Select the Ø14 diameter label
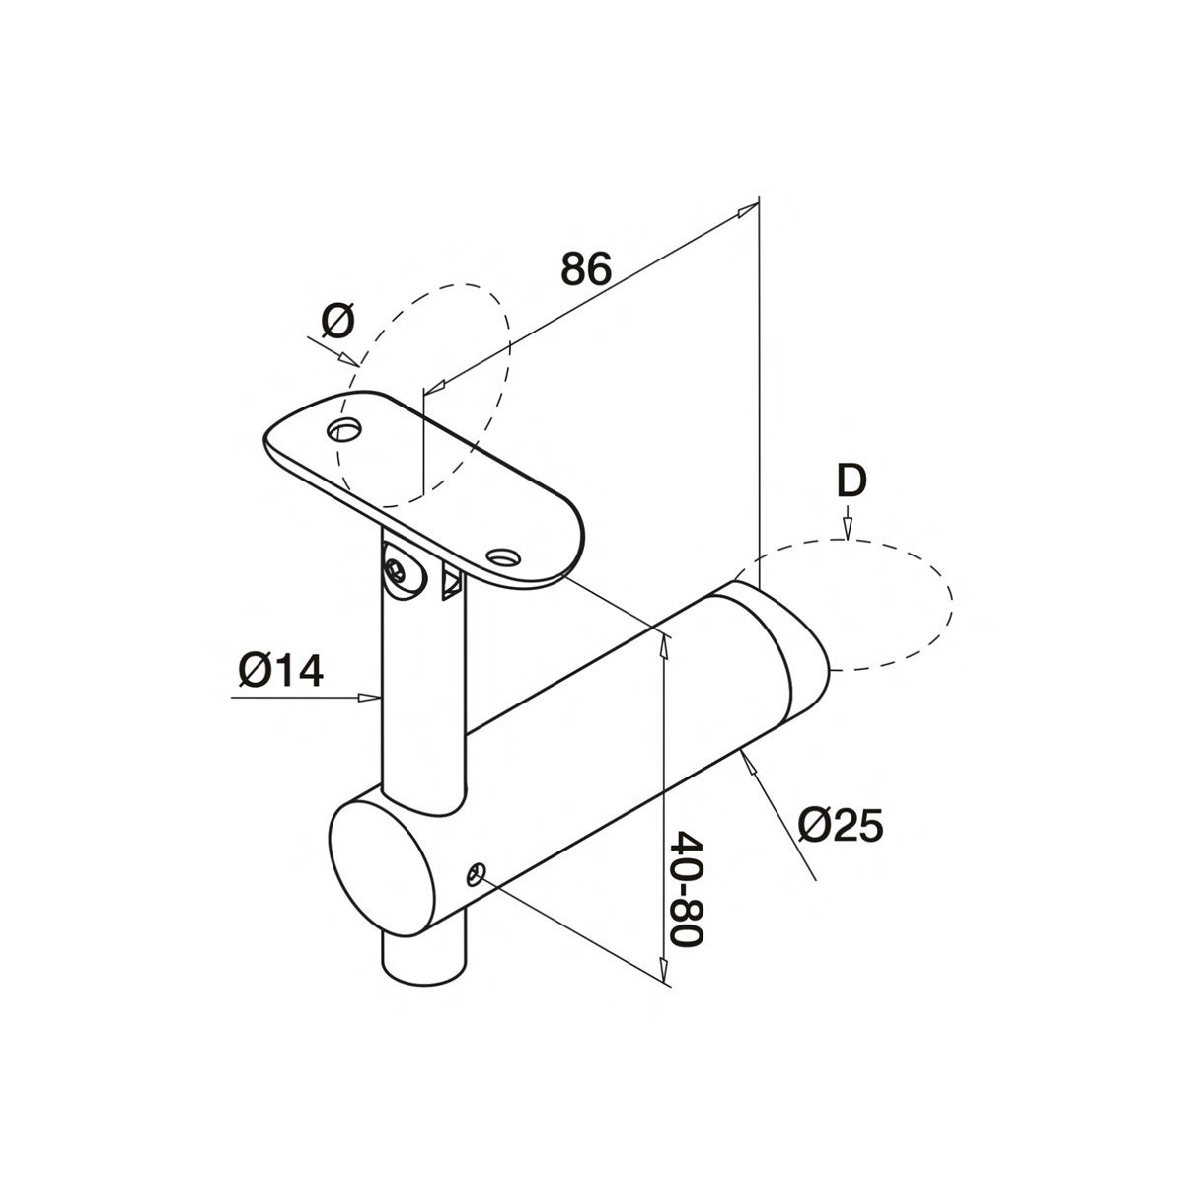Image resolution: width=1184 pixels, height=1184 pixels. [x=280, y=672]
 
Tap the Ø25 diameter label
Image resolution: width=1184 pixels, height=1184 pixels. [x=840, y=825]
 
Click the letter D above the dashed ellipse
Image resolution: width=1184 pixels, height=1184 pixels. [x=851, y=481]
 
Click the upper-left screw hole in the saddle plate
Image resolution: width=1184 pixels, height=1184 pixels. [x=345, y=430]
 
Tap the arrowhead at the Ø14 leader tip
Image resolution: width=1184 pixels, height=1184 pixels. [x=373, y=698]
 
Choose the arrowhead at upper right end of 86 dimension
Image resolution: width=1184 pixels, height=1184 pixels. [x=752, y=208]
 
